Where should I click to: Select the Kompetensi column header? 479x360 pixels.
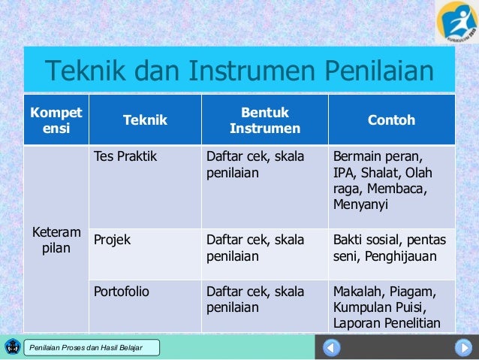pyautogui.click(x=56, y=120)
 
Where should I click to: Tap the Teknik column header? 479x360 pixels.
pyautogui.click(x=145, y=120)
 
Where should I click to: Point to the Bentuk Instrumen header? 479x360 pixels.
pyautogui.click(x=264, y=120)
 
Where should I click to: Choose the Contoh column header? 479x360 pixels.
pyautogui.click(x=391, y=120)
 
